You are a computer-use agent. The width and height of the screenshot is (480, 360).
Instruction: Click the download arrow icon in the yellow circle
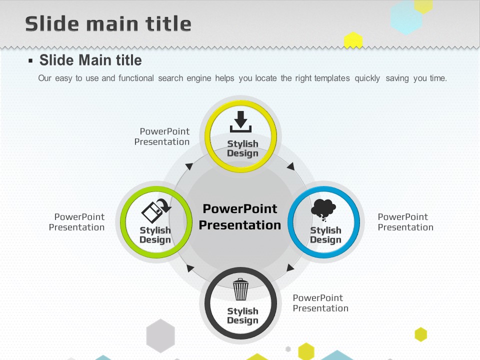[240, 121]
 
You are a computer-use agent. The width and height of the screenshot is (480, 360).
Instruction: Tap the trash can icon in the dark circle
[240, 289]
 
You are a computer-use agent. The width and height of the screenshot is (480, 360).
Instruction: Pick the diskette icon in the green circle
[156, 210]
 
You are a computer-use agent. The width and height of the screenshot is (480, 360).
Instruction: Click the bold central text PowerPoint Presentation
[240, 216]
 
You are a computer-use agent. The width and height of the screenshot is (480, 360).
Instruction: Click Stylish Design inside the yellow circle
[242, 148]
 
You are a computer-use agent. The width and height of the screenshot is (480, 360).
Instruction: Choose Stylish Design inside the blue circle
[325, 235]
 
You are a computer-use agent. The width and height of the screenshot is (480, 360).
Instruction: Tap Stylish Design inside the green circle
[155, 235]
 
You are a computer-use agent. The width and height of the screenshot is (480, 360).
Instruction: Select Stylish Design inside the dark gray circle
[242, 315]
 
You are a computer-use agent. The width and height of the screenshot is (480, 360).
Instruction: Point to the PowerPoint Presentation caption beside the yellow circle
[162, 136]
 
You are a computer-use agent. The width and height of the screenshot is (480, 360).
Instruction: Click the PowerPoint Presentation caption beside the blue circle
[405, 222]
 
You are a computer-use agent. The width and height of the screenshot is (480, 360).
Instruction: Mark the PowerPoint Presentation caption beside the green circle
[77, 222]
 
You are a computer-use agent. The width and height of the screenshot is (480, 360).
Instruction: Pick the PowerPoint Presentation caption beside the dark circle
[320, 303]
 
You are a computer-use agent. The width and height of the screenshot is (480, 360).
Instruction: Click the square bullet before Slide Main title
[30, 60]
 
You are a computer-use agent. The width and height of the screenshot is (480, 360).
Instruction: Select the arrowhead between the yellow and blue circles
[291, 166]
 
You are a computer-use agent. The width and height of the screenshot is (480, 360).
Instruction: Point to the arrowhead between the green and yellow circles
[189, 166]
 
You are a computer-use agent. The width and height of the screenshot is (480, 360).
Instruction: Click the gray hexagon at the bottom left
[160, 336]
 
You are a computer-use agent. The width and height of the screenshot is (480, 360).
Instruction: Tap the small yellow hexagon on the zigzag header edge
[353, 40]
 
